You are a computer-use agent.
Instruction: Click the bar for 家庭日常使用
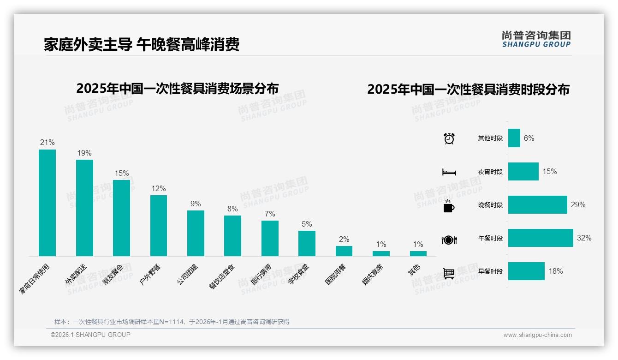point(47,203)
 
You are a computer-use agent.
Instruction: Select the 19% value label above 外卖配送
point(84,153)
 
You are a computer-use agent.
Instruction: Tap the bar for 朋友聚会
point(121,218)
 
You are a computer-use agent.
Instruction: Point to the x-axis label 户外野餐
point(150,274)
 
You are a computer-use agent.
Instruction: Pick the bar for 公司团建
point(196,233)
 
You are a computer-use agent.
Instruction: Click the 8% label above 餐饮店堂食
point(232,209)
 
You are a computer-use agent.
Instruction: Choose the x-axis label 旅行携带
point(261,275)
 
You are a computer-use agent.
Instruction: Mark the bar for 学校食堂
point(307,243)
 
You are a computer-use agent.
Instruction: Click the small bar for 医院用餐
point(344,251)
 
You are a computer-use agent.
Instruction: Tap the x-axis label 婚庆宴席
point(372,275)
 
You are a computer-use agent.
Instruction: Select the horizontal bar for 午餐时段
point(541,238)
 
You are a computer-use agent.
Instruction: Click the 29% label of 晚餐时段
point(578,204)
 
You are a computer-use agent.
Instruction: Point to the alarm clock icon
point(449,138)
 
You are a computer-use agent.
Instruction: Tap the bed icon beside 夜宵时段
point(449,172)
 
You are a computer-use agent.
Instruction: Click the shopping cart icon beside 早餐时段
point(449,273)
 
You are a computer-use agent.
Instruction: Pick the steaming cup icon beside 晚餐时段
point(449,206)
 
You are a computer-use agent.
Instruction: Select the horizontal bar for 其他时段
point(514,138)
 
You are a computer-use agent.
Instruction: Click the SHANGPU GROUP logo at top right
point(536,39)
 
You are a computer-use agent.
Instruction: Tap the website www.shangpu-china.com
point(537,335)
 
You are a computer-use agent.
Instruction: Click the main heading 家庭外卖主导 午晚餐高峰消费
point(142,44)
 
